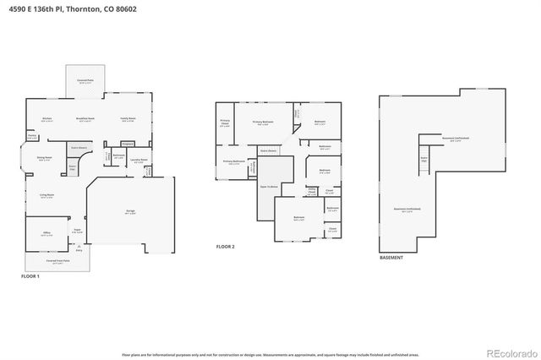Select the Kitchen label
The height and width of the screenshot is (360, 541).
point(47,118)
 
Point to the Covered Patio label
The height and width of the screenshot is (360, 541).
point(85,80)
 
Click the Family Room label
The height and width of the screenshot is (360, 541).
point(128,118)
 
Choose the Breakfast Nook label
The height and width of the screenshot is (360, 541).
point(85,118)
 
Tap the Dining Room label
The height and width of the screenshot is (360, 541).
point(45,157)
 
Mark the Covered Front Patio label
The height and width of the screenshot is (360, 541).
point(57,261)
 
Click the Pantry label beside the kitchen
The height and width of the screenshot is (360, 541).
point(31,135)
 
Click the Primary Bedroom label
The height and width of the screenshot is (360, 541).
point(265,122)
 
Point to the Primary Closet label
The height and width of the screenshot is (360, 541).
point(225,122)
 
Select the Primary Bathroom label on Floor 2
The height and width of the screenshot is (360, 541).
point(234,161)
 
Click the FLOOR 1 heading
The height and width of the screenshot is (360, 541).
point(30,276)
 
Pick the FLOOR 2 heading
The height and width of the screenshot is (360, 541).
point(225,246)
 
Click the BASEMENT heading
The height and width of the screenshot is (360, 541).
point(391,257)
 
